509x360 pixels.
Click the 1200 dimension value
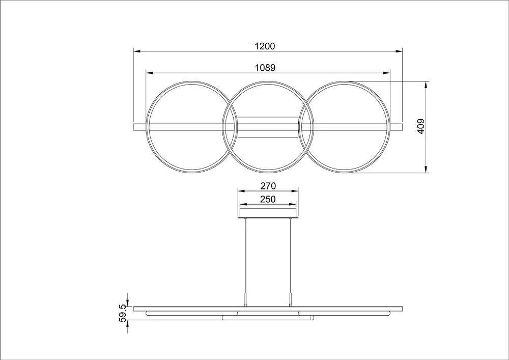pos(265,46)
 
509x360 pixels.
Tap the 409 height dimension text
pos(421,126)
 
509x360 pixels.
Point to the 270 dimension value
pos(268,186)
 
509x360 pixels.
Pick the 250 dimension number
pos(268,200)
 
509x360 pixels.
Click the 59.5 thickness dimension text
pos(123,311)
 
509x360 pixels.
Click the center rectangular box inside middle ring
pos(268,127)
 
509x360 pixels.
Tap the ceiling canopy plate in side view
pos(268,212)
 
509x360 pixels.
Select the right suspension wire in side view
pos(291,255)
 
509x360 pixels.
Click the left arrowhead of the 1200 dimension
pos(136,51)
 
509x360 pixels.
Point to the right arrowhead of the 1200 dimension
pos(400,51)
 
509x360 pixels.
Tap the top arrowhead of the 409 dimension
pos(426,84)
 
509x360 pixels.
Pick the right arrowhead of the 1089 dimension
pos(387,73)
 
